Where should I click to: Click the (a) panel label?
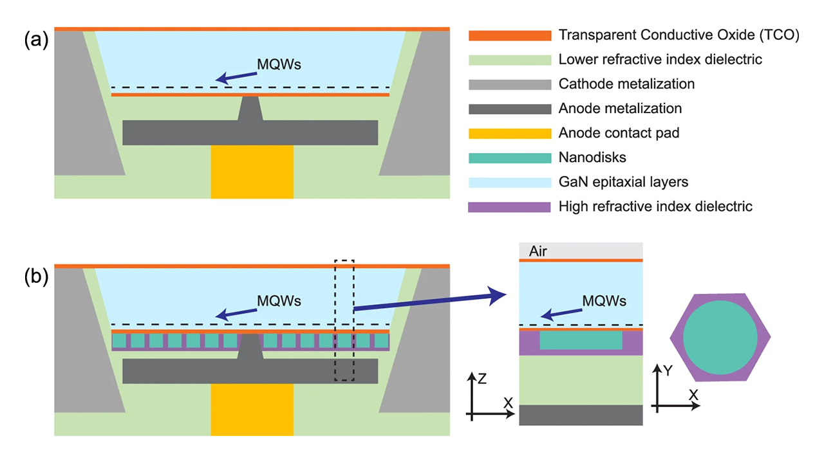36,41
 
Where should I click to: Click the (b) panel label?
36,277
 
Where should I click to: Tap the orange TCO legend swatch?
510,35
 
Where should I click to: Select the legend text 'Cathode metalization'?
626,84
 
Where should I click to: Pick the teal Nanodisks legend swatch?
510,158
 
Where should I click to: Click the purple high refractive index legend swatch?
510,206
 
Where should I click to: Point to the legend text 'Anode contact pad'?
619,133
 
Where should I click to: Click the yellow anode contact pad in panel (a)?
252,172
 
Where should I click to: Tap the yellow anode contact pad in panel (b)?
252,410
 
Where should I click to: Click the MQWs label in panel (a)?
279,65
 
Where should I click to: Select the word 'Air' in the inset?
538,251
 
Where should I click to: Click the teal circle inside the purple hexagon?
720,337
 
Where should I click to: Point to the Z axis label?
482,379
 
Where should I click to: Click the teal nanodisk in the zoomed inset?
581,340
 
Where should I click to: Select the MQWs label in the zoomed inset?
604,301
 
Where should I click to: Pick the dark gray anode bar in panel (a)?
250,132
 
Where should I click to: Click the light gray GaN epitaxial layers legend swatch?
510,182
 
